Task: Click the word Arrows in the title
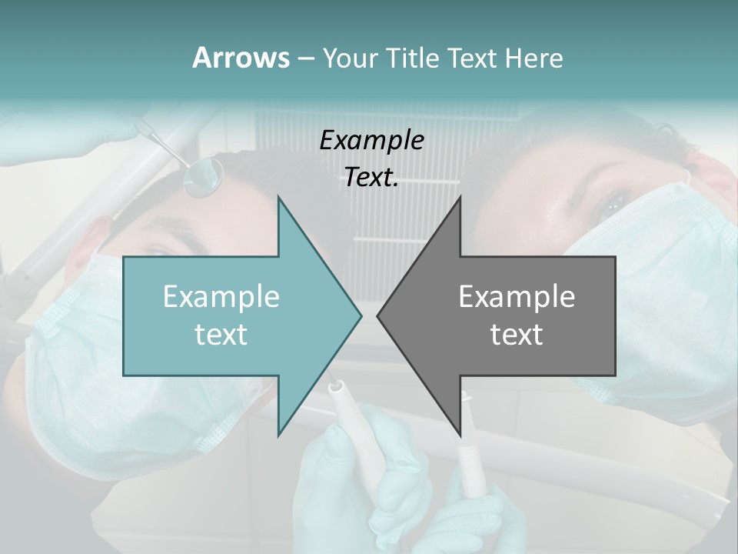(x=241, y=58)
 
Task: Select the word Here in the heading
(x=534, y=58)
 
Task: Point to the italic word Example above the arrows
(x=371, y=141)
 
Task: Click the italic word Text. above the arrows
(x=371, y=178)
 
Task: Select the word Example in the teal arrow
(x=221, y=297)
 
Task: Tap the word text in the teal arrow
(x=221, y=335)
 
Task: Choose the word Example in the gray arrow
(x=517, y=297)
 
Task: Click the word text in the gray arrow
(x=517, y=335)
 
